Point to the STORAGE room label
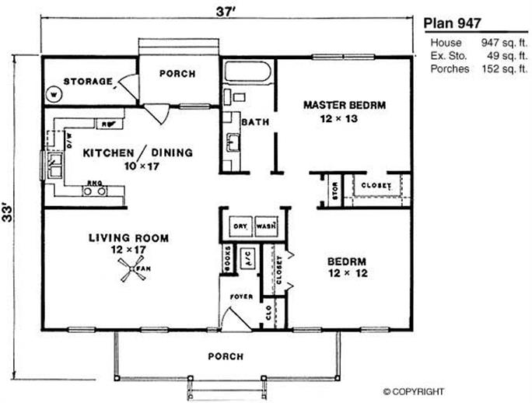(87, 81)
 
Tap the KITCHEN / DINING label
(138, 153)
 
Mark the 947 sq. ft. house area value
(497, 43)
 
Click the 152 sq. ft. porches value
(497, 69)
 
